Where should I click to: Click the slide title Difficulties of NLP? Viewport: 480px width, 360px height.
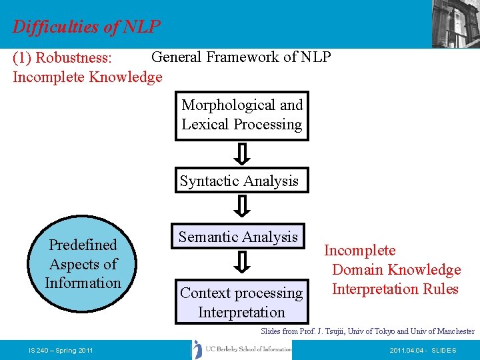click(87, 27)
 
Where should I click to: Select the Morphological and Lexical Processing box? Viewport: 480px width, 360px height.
click(242, 115)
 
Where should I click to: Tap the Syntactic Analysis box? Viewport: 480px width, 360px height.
click(239, 181)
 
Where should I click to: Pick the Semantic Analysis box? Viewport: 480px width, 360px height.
click(238, 237)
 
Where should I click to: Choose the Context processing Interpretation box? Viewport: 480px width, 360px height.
click(241, 302)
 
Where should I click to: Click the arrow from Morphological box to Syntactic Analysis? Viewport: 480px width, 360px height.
click(243, 154)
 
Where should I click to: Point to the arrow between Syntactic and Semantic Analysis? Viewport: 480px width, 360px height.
click(243, 207)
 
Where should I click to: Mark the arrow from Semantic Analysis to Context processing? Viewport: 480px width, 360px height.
click(243, 263)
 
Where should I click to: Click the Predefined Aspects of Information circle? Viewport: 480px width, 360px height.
click(83, 264)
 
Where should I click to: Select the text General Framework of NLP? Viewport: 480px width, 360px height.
click(241, 57)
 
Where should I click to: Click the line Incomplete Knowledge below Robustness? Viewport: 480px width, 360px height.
click(87, 77)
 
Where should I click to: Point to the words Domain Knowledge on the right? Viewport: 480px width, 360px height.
click(396, 270)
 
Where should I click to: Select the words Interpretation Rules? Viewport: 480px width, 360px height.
click(395, 289)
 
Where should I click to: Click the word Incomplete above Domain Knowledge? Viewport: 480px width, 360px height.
click(359, 251)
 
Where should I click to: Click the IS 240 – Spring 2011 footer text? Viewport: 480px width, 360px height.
click(60, 351)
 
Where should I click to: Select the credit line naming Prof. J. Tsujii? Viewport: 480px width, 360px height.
click(367, 331)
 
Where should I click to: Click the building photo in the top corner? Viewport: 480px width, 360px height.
click(455, 23)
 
